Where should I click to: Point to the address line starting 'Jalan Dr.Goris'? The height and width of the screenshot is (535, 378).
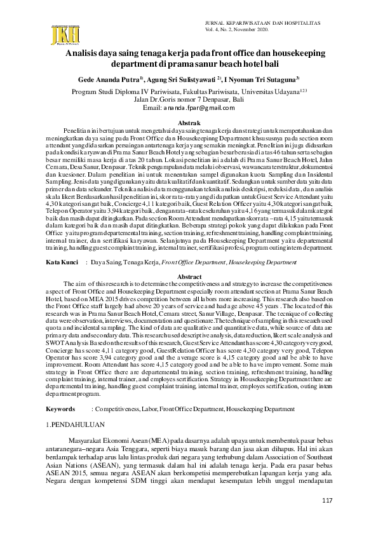point(191,100)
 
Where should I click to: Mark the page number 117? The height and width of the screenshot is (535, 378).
point(327,502)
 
